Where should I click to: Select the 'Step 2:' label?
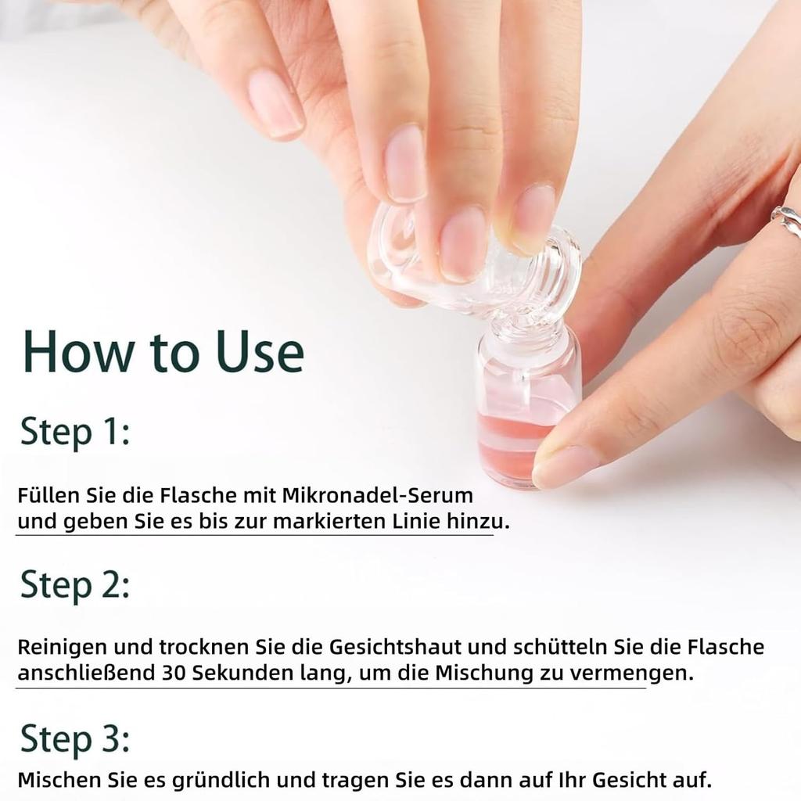coord(74,584)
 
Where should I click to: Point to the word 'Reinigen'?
coord(63,647)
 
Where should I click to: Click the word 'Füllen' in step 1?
coord(48,497)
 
